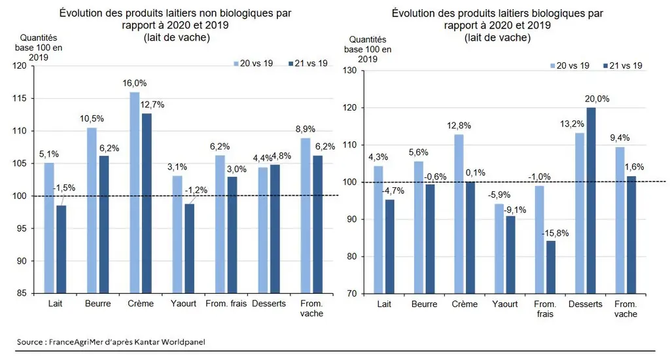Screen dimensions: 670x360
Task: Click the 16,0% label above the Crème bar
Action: pos(135,83)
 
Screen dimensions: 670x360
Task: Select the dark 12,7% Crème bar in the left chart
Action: pos(147,203)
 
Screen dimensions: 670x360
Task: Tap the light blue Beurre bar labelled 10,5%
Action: pos(92,210)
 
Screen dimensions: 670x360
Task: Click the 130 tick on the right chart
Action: pos(350,71)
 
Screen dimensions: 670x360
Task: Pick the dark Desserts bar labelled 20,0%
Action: pos(591,200)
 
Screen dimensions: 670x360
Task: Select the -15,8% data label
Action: pos(555,234)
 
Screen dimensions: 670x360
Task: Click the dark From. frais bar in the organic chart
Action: pos(551,267)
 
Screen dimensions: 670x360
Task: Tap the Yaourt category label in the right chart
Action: pos(504,304)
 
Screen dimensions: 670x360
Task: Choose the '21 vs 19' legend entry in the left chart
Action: pos(308,63)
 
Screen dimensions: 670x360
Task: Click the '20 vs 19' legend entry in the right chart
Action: pos(570,65)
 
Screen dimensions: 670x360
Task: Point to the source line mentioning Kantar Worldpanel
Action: pos(111,342)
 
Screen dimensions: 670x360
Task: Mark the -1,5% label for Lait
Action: pos(64,188)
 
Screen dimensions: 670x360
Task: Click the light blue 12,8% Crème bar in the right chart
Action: pos(459,214)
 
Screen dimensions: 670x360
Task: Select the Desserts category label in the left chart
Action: pos(269,304)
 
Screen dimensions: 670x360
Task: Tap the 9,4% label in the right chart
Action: pos(620,137)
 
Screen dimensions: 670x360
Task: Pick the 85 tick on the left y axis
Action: pos(22,293)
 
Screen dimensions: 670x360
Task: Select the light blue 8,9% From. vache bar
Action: pos(306,215)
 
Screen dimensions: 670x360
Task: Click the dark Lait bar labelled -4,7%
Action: pos(389,247)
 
